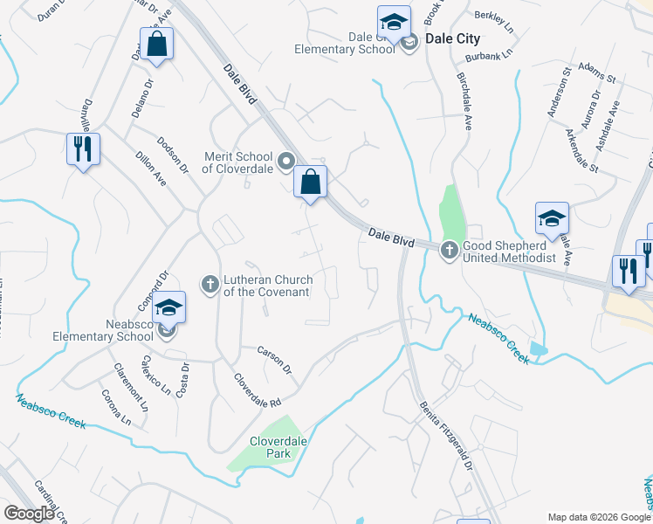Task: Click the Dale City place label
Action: (x=452, y=39)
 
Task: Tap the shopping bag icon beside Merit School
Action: (x=310, y=183)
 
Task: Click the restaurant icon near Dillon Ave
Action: (x=83, y=149)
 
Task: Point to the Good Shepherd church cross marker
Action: (x=450, y=251)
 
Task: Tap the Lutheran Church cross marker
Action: (x=210, y=284)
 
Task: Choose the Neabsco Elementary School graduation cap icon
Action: (x=169, y=308)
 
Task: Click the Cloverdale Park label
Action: (x=278, y=448)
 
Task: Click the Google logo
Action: (x=29, y=514)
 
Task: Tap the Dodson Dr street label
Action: (x=173, y=155)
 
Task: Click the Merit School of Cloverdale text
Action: (x=238, y=162)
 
